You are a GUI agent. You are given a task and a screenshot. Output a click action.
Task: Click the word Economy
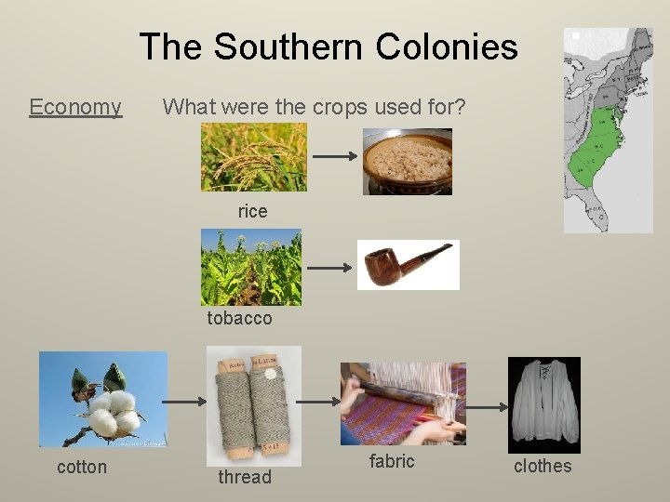75,107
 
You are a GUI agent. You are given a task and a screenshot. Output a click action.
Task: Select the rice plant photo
253,158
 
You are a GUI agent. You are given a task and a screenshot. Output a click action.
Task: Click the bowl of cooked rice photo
407,162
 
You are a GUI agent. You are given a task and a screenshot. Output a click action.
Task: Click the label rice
252,212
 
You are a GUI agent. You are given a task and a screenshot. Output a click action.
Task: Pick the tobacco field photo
251,268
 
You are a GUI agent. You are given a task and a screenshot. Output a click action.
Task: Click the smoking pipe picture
409,265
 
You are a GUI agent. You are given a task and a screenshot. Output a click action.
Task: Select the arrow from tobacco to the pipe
329,268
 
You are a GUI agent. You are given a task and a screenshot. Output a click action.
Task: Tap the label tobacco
240,318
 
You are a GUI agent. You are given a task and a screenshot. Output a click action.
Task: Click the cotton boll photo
103,400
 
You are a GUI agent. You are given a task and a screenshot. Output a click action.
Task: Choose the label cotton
82,467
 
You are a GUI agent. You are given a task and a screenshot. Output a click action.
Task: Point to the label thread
245,477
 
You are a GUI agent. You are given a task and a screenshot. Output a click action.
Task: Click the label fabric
392,461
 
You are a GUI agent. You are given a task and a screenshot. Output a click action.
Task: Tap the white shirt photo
543,404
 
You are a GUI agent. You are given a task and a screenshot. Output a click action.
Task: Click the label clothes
543,466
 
